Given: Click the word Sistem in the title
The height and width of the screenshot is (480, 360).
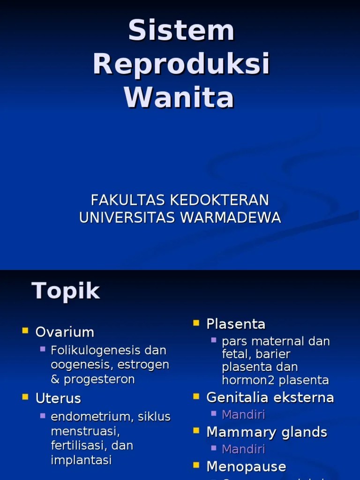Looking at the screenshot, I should click(x=181, y=31).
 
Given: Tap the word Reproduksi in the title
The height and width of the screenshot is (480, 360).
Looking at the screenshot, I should click(x=181, y=64).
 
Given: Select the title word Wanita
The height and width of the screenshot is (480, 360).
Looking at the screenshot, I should click(x=179, y=97).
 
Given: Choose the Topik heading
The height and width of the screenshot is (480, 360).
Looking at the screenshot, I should click(x=66, y=291).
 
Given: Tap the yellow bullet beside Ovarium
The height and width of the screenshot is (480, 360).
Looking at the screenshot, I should click(x=25, y=331).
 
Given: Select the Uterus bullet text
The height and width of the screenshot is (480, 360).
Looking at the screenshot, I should click(x=58, y=398).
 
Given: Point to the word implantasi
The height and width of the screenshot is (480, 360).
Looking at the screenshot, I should click(x=81, y=460).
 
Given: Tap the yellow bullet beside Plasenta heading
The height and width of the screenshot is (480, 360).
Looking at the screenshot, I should click(x=196, y=323).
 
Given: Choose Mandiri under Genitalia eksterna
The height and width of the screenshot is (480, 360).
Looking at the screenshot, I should click(x=243, y=414).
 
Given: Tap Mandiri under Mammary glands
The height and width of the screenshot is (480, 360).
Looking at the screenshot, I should click(x=243, y=449).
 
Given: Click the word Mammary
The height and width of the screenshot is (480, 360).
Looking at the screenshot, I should click(x=237, y=432).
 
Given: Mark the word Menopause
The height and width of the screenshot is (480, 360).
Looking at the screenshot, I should click(x=246, y=466).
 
